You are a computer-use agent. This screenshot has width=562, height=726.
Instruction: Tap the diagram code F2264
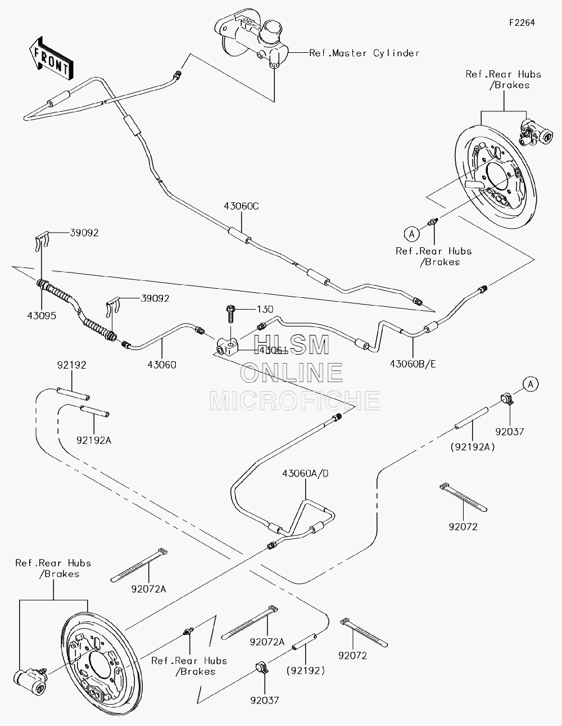[x=522, y=22]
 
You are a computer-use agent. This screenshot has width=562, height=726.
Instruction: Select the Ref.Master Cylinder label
[x=364, y=53]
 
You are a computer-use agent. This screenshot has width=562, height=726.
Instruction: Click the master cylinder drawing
[x=251, y=38]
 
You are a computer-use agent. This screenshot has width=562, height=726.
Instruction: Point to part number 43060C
[x=241, y=206]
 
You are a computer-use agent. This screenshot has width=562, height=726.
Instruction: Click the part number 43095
[x=42, y=315]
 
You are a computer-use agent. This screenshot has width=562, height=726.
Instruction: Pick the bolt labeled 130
[x=231, y=314]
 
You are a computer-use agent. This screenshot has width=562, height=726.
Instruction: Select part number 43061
[x=273, y=350]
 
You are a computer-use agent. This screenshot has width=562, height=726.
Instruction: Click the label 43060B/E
[x=413, y=364]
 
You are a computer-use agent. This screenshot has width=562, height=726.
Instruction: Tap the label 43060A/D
[x=305, y=474]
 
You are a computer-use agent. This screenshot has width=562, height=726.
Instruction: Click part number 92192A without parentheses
[x=94, y=441]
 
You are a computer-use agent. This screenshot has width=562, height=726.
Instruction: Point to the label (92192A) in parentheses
[x=473, y=447]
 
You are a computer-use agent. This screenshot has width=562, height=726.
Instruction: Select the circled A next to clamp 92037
[x=531, y=384]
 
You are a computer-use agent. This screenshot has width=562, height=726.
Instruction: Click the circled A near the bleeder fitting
[x=411, y=234]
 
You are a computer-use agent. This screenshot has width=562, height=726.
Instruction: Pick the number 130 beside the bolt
[x=265, y=310]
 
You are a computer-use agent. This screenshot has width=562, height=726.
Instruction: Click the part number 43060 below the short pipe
[x=162, y=365]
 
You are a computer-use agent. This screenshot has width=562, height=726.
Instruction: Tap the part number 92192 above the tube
[x=71, y=365]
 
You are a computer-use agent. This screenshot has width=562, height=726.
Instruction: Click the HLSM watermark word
[x=291, y=345]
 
